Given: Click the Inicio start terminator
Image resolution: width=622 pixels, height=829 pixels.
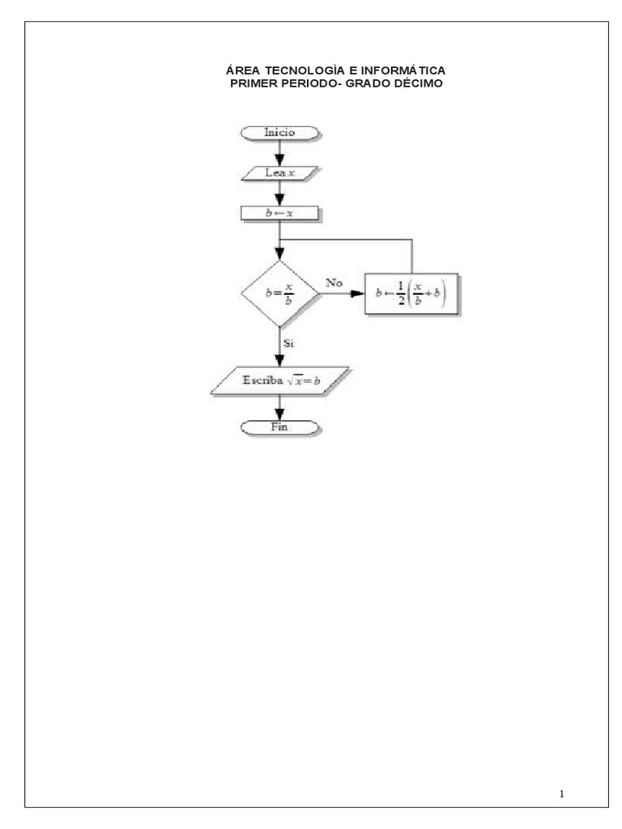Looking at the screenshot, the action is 279,133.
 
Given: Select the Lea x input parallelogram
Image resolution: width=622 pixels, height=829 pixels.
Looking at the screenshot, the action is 279,173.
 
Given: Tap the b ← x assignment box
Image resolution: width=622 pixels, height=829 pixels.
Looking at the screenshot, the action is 279,213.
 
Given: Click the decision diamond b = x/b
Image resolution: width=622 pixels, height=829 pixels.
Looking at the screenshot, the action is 279,293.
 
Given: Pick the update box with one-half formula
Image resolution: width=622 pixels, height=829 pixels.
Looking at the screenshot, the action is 411,293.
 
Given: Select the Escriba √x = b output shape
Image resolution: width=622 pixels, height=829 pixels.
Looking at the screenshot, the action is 279,380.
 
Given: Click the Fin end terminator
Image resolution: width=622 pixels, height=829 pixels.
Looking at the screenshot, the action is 279,427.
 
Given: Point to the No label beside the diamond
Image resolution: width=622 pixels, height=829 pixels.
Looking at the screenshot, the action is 334,283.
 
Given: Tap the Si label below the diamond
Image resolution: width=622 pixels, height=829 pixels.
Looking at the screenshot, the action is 288,343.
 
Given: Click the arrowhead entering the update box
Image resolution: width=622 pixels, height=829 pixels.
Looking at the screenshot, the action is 358,293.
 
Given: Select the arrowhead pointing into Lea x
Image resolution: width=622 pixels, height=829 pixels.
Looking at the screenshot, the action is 279,159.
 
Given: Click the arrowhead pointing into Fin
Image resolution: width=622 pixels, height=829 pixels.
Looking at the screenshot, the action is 279,414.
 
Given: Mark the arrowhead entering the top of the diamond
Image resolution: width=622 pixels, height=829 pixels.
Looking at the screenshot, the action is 279,253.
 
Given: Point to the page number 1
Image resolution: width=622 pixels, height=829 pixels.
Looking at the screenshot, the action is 562,793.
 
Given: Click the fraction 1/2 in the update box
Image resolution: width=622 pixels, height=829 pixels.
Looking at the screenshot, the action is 400,293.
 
